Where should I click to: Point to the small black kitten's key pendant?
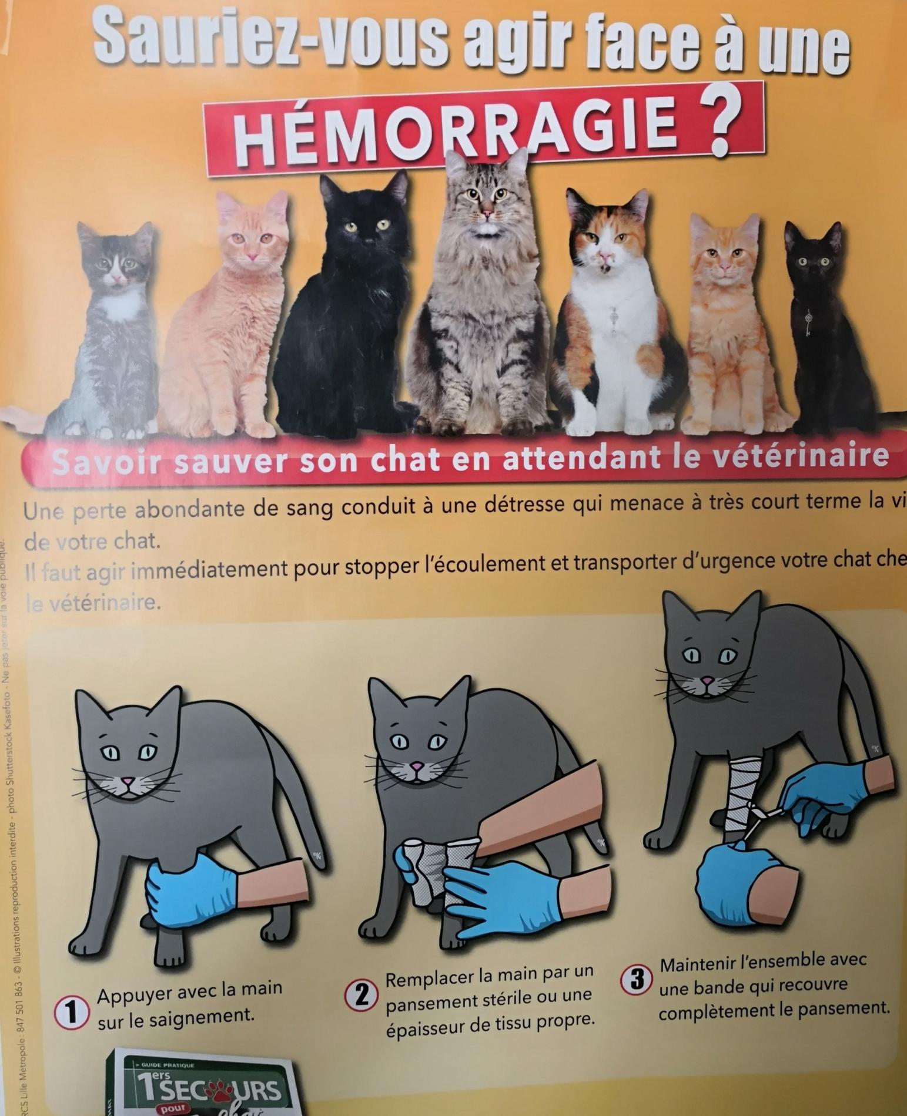tap(809, 322)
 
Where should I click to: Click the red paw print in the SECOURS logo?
tap(219, 1088)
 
